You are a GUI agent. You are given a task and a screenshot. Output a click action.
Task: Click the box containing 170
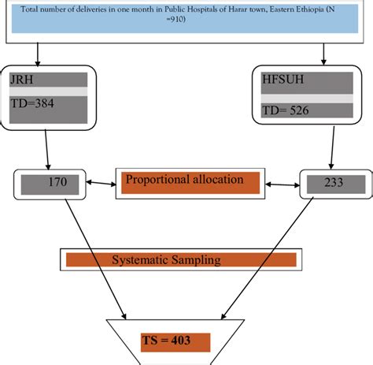click(x=51, y=184)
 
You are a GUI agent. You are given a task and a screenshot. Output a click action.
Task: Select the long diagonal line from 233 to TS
click(x=271, y=252)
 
